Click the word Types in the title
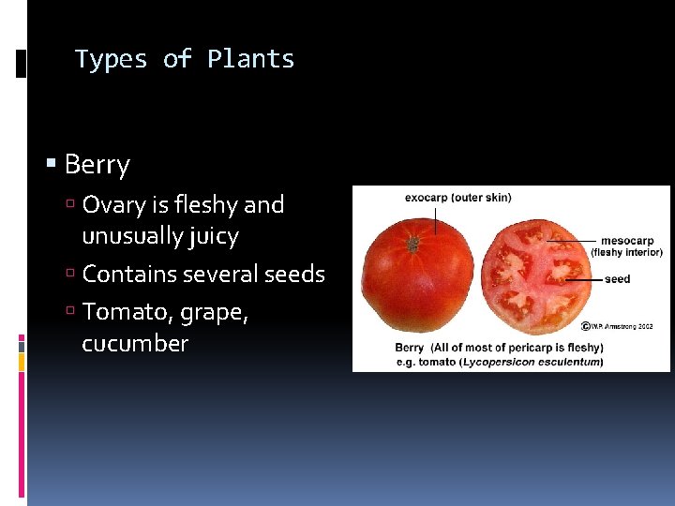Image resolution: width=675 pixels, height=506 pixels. (x=112, y=59)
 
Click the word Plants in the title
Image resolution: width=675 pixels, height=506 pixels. (x=250, y=59)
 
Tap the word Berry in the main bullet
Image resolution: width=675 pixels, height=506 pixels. (x=97, y=166)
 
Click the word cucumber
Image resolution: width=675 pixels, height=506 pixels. (x=135, y=343)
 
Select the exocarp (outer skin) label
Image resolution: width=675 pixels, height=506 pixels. (x=457, y=198)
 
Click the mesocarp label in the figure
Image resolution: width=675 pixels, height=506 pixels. (x=627, y=241)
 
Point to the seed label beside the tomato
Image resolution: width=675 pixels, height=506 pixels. (x=617, y=279)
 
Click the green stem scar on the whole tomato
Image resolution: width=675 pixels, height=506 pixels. (x=412, y=244)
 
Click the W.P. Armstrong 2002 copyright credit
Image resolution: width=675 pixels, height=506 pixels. (x=618, y=326)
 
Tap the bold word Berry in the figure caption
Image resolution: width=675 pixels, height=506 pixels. (x=409, y=349)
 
